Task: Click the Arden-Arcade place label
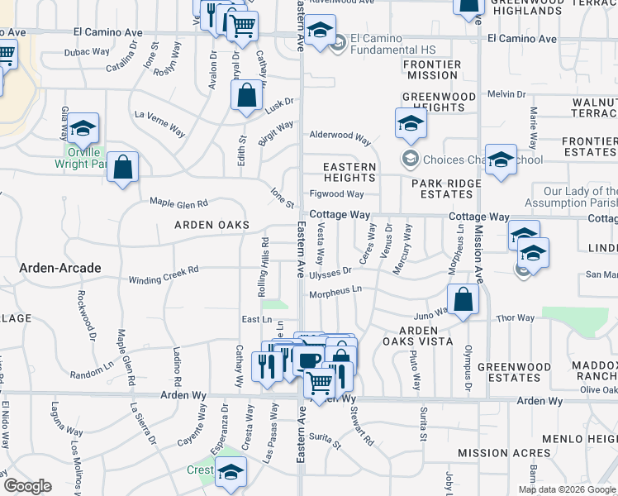coord(62,268)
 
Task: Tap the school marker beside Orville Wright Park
coord(83,128)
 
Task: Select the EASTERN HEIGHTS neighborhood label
coord(349,172)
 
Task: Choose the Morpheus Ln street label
coord(335,293)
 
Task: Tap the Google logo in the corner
coord(27,485)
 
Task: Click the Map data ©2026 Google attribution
coord(567,489)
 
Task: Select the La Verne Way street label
coord(159,121)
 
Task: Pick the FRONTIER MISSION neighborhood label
coord(432,69)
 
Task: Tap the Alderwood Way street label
coord(340,136)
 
